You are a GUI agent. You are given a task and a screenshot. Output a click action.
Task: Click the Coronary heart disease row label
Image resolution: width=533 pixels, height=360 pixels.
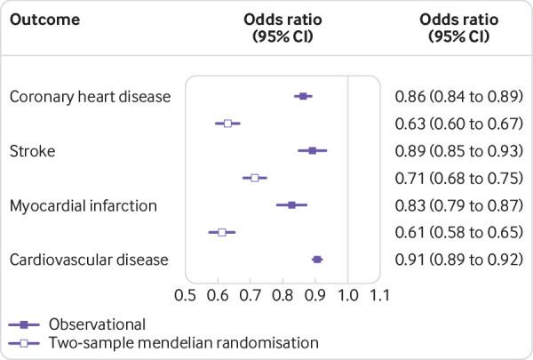tap(90, 96)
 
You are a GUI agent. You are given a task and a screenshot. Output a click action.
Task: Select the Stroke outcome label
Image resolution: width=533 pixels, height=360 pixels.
tap(32, 151)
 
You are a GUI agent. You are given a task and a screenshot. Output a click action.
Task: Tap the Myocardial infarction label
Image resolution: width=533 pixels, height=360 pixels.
tap(83, 205)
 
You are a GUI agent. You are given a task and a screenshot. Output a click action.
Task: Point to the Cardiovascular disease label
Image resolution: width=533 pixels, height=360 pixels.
tap(89, 260)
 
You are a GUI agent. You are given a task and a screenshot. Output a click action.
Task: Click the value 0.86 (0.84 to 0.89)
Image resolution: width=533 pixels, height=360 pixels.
tap(457, 96)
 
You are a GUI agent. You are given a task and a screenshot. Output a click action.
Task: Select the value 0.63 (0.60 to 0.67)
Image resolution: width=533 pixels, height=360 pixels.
tap(457, 123)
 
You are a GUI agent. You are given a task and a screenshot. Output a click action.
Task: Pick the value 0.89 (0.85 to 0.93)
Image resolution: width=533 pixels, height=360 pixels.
tap(457, 150)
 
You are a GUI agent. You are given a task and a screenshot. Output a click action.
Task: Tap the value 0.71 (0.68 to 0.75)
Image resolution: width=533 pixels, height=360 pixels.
tap(457, 178)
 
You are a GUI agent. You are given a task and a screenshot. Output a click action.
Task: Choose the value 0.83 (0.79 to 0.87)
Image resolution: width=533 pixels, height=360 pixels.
tap(457, 205)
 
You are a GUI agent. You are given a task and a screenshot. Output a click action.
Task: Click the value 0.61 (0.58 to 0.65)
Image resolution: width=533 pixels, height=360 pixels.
tap(457, 232)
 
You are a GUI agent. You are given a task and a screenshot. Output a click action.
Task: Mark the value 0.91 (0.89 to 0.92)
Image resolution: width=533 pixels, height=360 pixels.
tap(457, 260)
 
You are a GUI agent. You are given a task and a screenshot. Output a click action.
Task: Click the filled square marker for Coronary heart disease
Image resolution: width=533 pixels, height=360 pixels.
tap(303, 96)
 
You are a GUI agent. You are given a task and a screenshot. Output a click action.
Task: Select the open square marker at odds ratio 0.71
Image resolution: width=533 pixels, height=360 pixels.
tap(254, 178)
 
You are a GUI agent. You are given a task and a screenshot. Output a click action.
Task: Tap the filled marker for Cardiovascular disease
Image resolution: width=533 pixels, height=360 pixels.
tap(317, 260)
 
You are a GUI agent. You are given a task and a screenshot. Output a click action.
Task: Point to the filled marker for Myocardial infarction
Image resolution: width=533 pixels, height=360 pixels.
tap(292, 205)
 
